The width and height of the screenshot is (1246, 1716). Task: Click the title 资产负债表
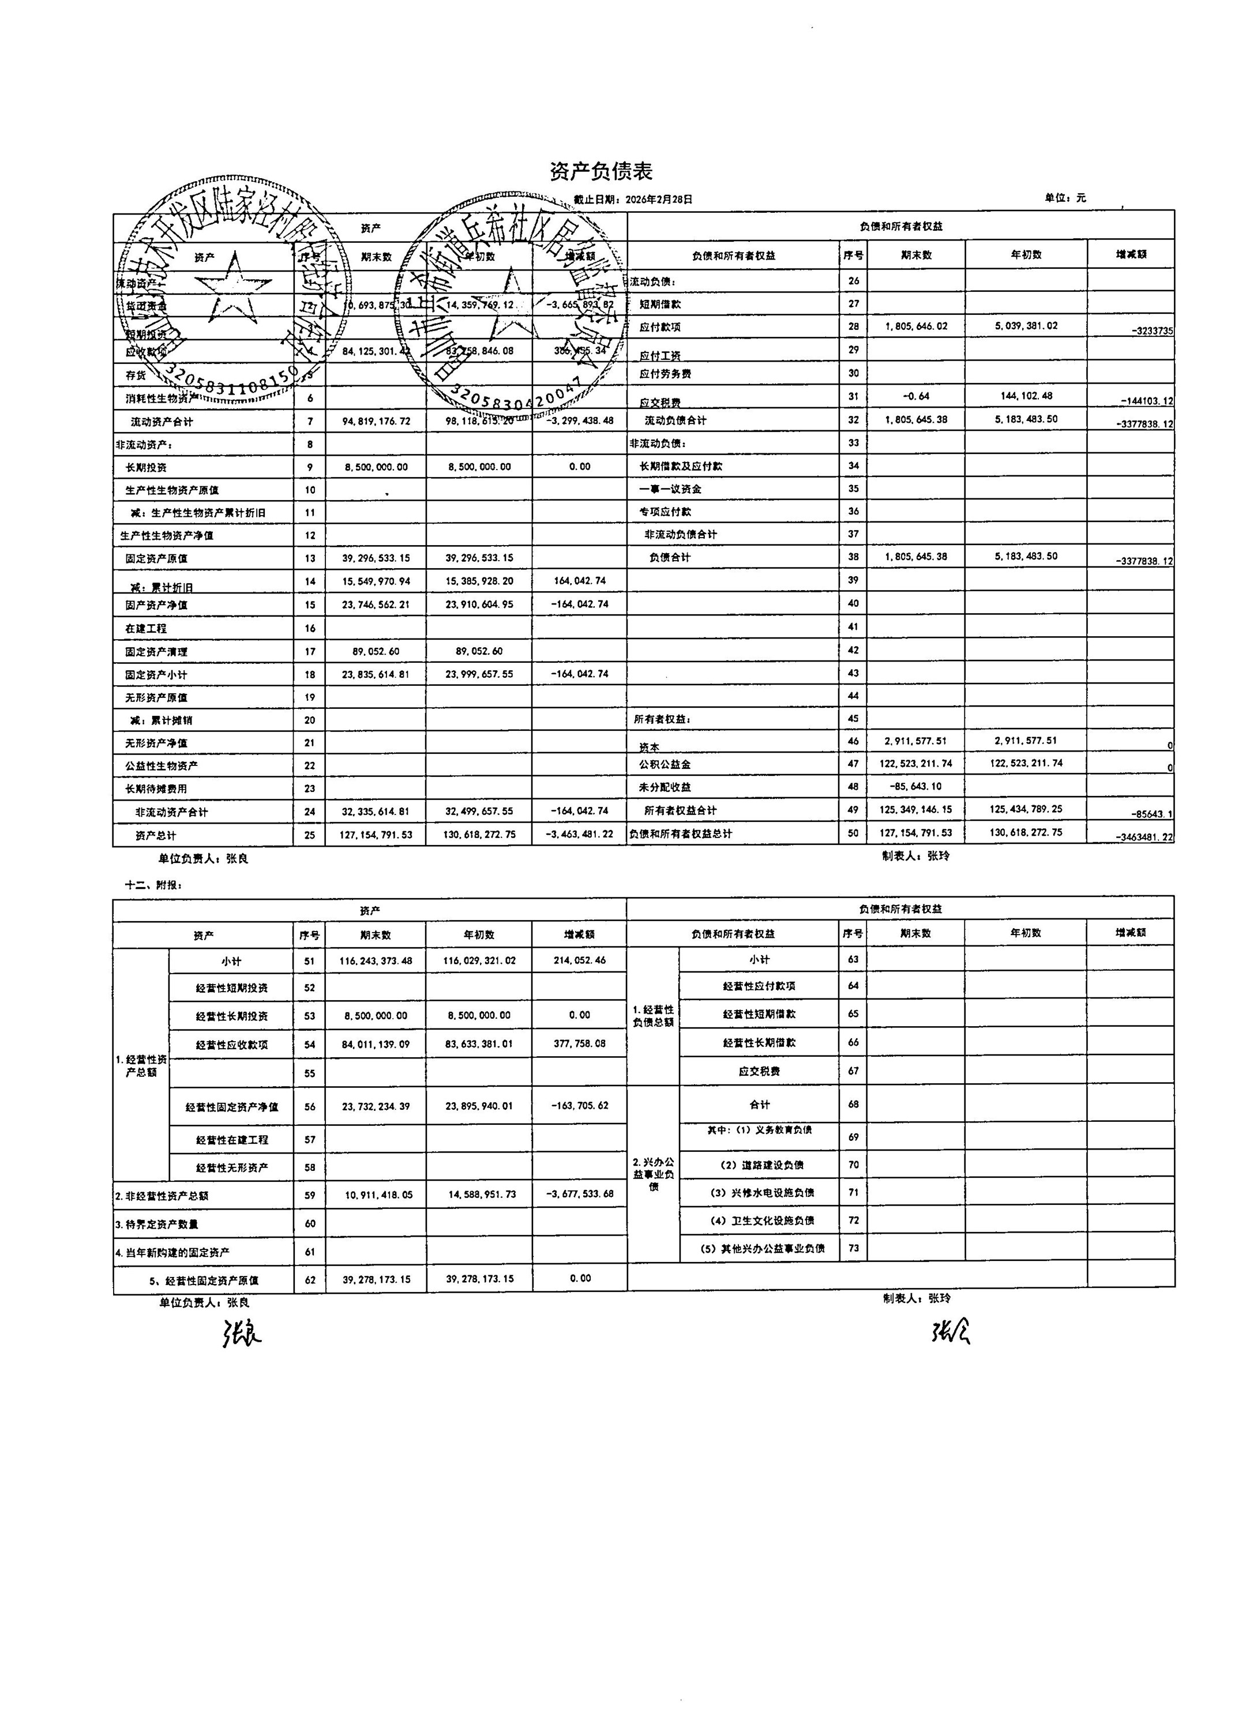(x=601, y=172)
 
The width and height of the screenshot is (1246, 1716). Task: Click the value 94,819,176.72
(x=376, y=420)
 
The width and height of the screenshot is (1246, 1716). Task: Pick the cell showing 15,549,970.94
(x=376, y=581)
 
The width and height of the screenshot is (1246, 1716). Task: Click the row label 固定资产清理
(x=156, y=651)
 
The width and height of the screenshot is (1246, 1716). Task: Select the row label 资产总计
(x=156, y=835)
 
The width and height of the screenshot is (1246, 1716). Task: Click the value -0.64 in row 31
(x=915, y=396)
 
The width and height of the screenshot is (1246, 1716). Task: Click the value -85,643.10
(x=915, y=786)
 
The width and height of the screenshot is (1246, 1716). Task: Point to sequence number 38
(x=853, y=557)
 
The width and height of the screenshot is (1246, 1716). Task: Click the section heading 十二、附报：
(x=153, y=884)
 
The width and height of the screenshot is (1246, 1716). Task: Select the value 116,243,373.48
(x=376, y=960)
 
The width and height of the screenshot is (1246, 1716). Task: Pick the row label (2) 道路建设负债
(x=760, y=1165)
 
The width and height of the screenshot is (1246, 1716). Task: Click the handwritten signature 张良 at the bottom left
(x=241, y=1334)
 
